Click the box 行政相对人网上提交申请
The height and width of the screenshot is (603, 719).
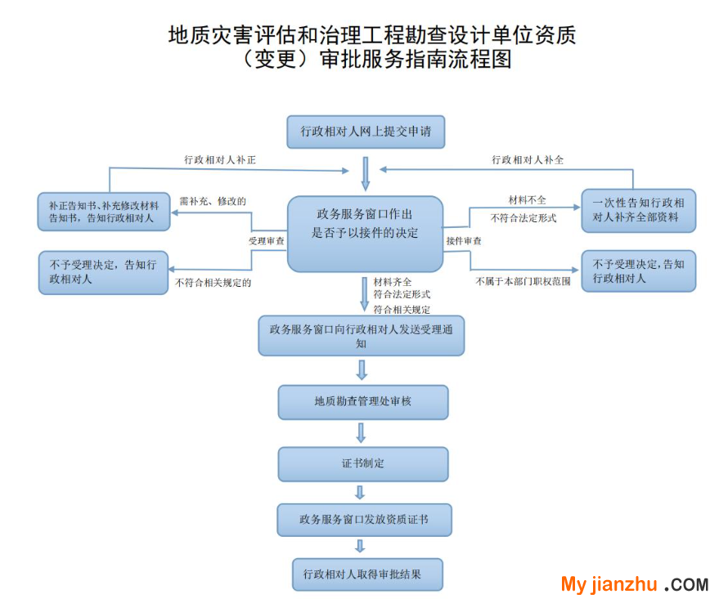(366, 132)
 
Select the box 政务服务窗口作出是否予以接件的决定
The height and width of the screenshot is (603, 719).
(366, 234)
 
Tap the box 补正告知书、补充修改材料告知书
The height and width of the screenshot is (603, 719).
(103, 212)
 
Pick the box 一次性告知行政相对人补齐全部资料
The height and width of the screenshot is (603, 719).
(638, 212)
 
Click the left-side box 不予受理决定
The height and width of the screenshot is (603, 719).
(103, 272)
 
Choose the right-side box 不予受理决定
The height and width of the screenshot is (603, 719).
(638, 271)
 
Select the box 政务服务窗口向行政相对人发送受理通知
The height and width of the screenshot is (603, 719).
(361, 336)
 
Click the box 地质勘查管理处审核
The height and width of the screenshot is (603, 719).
(363, 402)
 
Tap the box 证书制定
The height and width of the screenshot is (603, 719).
(363, 463)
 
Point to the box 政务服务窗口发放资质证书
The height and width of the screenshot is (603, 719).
(363, 519)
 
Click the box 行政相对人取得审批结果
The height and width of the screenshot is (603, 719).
(367, 574)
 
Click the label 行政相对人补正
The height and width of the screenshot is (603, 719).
(220, 160)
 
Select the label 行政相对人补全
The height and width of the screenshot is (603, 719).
(528, 160)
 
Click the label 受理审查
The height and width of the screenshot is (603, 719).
(267, 241)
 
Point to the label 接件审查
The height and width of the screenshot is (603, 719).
(464, 241)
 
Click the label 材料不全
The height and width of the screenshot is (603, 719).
(527, 200)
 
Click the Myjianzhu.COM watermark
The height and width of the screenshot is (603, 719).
(634, 584)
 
